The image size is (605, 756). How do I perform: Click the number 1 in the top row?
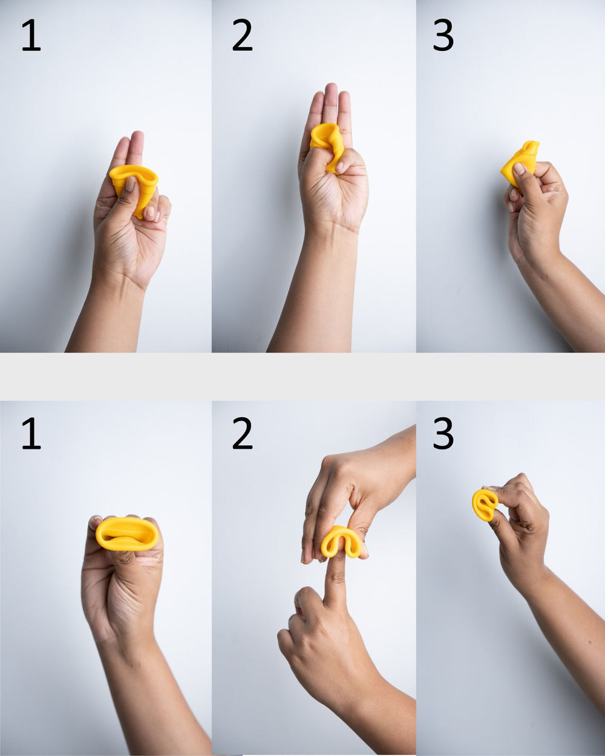[x=31, y=35]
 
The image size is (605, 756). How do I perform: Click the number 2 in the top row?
[x=242, y=35]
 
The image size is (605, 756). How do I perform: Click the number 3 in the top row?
[x=443, y=35]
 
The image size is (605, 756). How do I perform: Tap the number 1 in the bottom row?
[x=31, y=433]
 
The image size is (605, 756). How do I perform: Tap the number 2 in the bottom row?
[x=242, y=433]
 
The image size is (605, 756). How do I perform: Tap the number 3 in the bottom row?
[x=443, y=433]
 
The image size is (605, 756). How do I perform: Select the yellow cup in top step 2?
[x=327, y=144]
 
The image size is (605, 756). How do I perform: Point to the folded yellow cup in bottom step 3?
[x=485, y=505]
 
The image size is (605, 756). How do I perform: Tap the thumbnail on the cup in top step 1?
[x=130, y=184]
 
